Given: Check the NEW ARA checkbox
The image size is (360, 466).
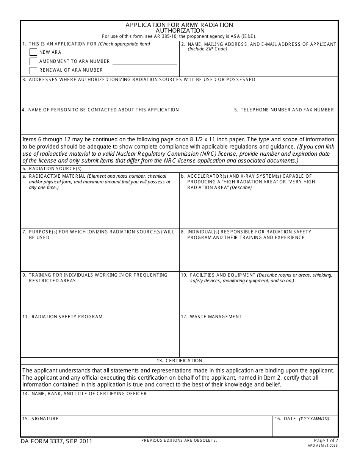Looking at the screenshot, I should click(x=33, y=52).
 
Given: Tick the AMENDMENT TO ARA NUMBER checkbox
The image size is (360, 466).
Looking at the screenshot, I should click(x=33, y=61).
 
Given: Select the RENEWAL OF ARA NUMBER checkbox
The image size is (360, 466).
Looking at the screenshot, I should click(x=33, y=70).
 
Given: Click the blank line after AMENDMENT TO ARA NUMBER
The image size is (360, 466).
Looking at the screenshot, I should click(x=145, y=62).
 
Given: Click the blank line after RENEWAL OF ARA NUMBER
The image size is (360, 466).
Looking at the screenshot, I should click(x=141, y=71).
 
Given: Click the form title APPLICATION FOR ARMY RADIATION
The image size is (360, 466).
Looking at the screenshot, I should click(x=180, y=25).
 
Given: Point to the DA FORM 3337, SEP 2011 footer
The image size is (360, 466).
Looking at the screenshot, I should click(x=56, y=441).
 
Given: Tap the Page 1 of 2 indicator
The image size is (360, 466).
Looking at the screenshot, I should click(x=326, y=441).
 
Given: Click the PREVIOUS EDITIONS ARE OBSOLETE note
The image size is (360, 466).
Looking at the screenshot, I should click(x=179, y=440).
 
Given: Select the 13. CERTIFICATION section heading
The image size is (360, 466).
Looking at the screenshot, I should click(x=179, y=361).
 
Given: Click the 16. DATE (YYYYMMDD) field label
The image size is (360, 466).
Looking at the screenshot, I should click(x=302, y=419).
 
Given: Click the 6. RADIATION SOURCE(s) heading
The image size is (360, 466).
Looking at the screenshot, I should click(x=52, y=169).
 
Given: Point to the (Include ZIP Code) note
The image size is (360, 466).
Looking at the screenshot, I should click(x=207, y=49).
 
